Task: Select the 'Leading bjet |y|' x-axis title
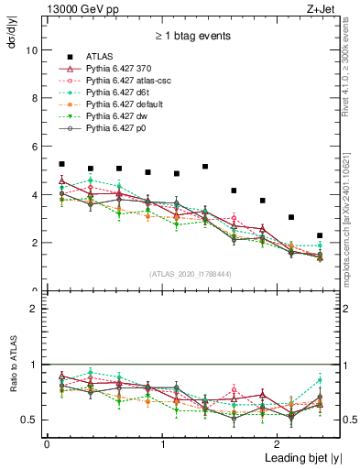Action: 291,458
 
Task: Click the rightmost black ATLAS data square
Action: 320,236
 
